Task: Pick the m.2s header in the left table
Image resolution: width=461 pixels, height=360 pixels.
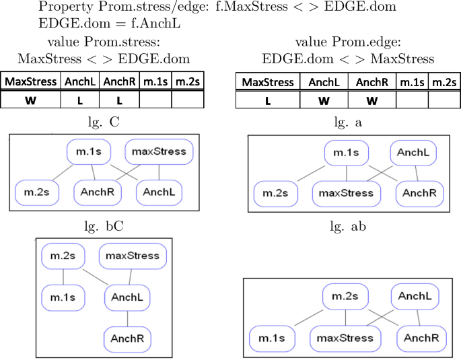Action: click(187, 82)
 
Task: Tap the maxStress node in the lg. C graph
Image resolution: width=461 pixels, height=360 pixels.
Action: click(159, 151)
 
